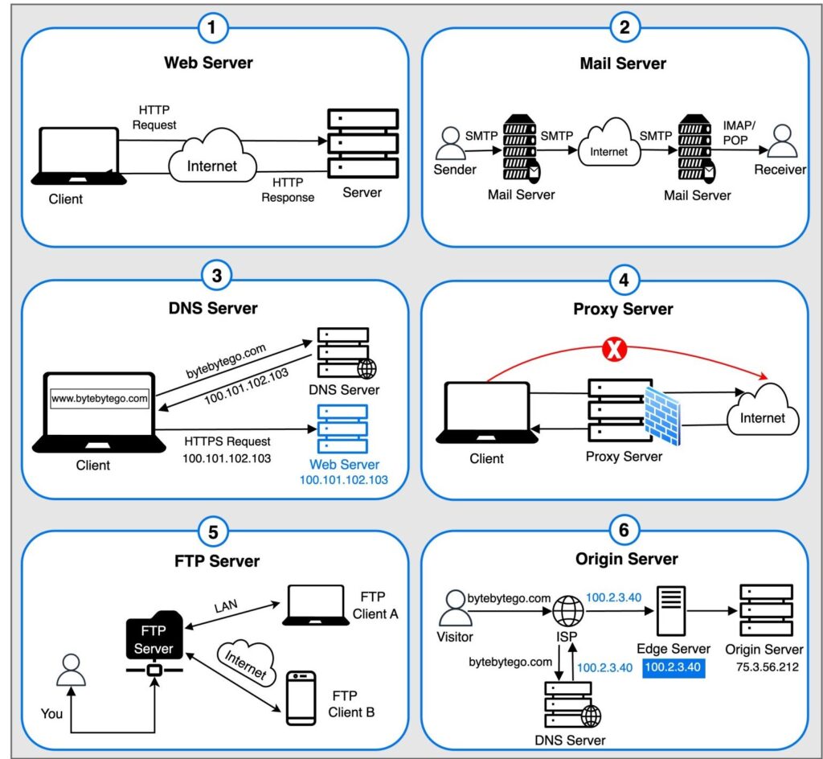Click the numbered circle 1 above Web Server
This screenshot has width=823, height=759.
tap(211, 29)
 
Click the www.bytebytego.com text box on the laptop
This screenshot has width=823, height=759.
tap(100, 398)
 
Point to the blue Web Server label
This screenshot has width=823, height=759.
tap(344, 465)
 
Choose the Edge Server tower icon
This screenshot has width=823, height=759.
tap(673, 610)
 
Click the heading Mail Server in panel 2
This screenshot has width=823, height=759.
tap(624, 63)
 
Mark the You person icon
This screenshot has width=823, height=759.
tap(72, 671)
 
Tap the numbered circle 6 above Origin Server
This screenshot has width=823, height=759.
tap(624, 531)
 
